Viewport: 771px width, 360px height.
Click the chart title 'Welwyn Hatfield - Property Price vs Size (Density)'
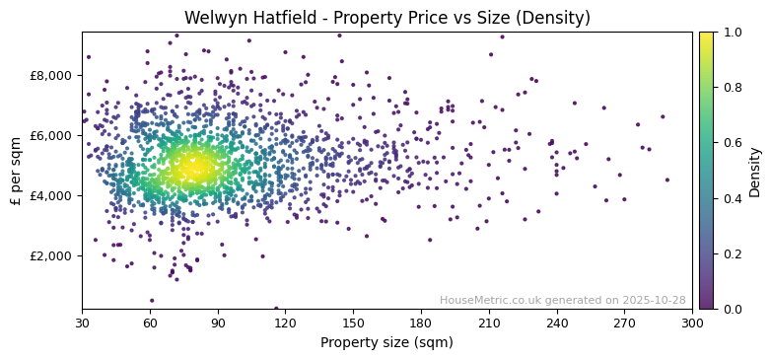click(x=386, y=18)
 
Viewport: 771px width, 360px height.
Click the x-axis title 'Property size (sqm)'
click(x=386, y=343)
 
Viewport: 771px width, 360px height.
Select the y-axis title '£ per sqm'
click(x=17, y=171)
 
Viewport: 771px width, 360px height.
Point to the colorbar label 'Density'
click(x=755, y=171)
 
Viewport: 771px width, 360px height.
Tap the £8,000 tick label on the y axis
click(x=51, y=75)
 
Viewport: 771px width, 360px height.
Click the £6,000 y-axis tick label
click(x=51, y=135)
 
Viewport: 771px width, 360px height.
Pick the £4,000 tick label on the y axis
click(x=51, y=195)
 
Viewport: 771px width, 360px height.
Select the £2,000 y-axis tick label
click(x=51, y=255)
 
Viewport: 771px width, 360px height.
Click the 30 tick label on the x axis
click(x=82, y=323)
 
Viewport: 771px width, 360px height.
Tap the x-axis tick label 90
click(x=218, y=323)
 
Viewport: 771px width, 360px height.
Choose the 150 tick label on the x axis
click(x=353, y=323)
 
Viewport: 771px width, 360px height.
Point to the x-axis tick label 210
click(x=489, y=323)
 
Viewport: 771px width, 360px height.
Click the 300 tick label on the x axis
click(x=692, y=323)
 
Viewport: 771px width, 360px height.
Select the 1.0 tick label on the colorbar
click(x=732, y=32)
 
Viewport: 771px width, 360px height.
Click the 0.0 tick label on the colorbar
click(x=732, y=309)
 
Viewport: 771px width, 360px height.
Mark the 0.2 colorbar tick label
click(x=732, y=253)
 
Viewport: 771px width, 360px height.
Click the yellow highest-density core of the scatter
click(x=192, y=167)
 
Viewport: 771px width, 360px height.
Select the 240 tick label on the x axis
click(x=557, y=323)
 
